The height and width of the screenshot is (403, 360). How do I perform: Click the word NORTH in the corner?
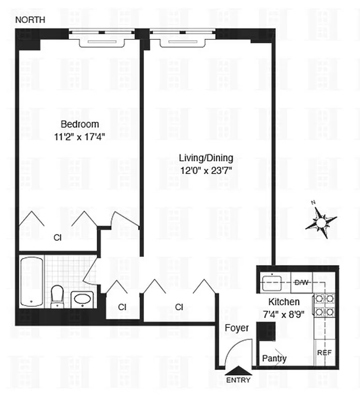click(30, 20)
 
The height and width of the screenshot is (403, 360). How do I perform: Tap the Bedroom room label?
click(80, 124)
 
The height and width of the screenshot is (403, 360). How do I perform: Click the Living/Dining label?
click(206, 158)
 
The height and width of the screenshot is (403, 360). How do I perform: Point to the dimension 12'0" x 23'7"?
click(206, 170)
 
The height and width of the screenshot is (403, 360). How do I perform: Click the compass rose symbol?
click(320, 221)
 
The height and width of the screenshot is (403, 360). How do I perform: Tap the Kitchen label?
click(284, 302)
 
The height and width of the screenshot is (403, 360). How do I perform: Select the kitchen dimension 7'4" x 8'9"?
click(284, 314)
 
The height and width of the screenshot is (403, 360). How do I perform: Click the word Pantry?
click(274, 359)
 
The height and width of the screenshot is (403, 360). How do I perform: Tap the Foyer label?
click(237, 328)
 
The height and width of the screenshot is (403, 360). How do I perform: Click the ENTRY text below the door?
click(238, 380)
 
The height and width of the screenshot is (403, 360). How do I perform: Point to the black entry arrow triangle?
click(238, 371)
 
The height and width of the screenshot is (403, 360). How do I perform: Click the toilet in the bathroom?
click(57, 296)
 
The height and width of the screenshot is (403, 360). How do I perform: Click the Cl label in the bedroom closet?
click(57, 238)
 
